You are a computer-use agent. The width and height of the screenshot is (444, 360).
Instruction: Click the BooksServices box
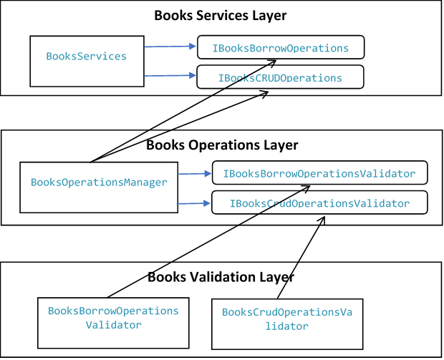(x=86, y=57)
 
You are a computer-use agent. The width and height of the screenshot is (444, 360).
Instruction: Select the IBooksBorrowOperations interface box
(x=280, y=49)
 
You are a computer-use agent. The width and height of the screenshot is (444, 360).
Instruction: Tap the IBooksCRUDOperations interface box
(x=280, y=77)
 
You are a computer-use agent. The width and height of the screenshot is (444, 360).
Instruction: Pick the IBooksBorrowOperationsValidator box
(x=319, y=174)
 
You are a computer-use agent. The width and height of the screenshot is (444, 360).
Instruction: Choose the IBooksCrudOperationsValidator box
(x=319, y=203)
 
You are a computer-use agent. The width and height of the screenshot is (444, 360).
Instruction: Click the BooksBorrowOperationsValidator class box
(x=112, y=318)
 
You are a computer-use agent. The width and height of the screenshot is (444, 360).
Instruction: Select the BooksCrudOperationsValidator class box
(x=287, y=319)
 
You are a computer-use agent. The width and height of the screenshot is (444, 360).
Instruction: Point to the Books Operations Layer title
(x=221, y=145)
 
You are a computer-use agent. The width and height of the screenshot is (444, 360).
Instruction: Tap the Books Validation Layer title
(x=221, y=277)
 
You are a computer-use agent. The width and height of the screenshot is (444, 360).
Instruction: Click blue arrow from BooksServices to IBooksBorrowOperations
(x=170, y=47)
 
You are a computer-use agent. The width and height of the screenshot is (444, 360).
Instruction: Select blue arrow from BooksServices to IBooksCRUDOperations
(x=170, y=74)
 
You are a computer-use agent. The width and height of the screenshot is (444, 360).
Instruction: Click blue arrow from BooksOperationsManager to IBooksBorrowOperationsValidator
(x=194, y=174)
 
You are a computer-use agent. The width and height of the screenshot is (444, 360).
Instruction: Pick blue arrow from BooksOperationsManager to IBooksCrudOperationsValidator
(x=194, y=203)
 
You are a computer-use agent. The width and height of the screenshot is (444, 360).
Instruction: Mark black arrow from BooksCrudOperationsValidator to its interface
(x=301, y=258)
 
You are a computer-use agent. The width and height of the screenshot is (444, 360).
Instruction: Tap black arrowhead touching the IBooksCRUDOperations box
(x=274, y=92)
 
